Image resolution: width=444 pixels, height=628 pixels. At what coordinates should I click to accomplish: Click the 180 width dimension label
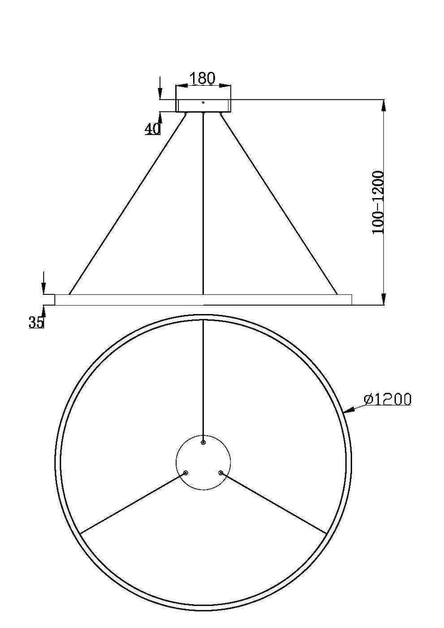(x=202, y=78)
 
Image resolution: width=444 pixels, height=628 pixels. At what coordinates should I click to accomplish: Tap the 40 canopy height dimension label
(x=152, y=129)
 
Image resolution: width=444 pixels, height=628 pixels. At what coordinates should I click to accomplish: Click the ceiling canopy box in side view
(x=203, y=106)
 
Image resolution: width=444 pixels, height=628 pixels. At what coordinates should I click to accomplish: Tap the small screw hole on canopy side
(x=203, y=103)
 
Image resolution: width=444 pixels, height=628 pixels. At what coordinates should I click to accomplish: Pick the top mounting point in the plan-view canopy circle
(x=203, y=443)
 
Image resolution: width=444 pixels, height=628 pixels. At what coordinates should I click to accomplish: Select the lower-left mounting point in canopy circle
(x=186, y=473)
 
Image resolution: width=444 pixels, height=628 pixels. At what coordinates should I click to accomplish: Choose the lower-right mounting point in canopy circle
(x=221, y=473)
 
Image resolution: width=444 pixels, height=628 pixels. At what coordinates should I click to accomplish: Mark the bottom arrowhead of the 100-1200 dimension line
(x=384, y=300)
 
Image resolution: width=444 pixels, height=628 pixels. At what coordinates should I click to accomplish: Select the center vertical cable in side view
(x=203, y=204)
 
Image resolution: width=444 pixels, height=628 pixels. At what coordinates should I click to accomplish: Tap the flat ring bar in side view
(x=203, y=300)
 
